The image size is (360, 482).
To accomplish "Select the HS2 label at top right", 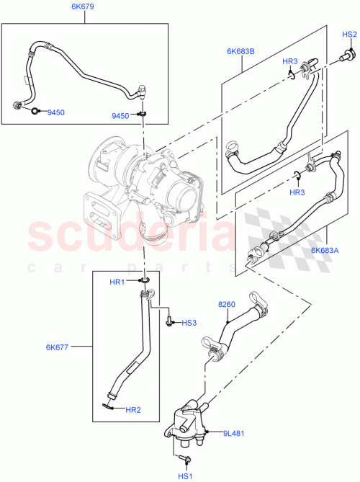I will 349,35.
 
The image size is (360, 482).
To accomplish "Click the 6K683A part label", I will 325,250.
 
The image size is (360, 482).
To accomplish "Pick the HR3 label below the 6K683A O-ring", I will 297,192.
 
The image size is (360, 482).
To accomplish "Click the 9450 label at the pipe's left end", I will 55,112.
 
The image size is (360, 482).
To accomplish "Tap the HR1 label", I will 117,281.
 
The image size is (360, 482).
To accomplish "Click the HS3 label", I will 189,323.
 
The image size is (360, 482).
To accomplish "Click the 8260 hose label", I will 226,304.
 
